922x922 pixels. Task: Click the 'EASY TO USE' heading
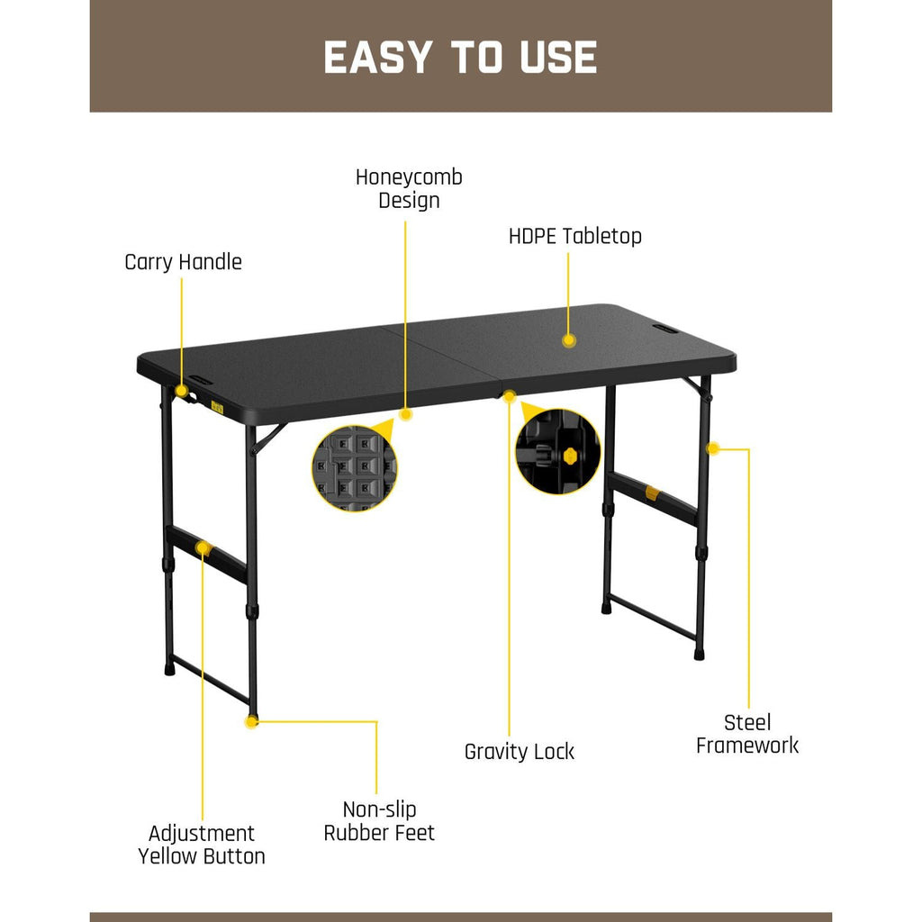click(x=460, y=58)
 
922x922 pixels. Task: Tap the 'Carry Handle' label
click(x=183, y=262)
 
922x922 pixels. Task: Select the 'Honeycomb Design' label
click(x=409, y=188)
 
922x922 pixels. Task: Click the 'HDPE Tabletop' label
click(x=574, y=236)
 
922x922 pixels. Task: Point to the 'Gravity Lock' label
click(x=519, y=751)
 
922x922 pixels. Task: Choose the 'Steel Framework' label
click(x=747, y=733)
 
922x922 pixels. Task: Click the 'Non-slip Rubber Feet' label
click(x=379, y=820)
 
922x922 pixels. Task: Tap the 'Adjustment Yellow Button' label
click(x=202, y=844)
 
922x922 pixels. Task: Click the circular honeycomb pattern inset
click(x=354, y=468)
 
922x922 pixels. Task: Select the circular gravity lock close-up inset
click(x=557, y=451)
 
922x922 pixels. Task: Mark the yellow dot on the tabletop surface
click(x=568, y=340)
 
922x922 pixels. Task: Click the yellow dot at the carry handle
click(x=182, y=391)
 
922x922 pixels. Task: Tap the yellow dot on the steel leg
click(x=712, y=447)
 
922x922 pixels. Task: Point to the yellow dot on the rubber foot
click(x=252, y=721)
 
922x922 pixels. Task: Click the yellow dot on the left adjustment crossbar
click(x=204, y=547)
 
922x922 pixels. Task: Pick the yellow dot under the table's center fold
click(x=510, y=395)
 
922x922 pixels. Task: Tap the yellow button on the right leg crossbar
click(x=652, y=493)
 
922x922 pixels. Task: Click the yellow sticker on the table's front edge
click(x=216, y=406)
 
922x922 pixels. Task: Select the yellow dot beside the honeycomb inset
click(x=405, y=415)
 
